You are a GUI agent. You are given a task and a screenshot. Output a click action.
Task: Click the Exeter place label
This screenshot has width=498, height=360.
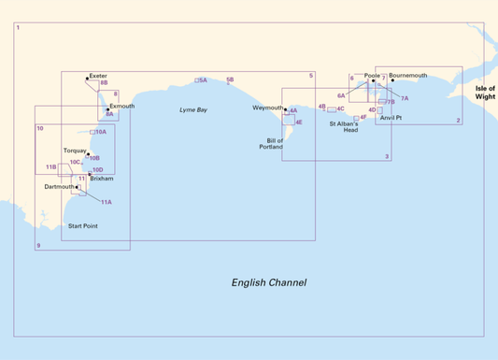[x=98, y=75]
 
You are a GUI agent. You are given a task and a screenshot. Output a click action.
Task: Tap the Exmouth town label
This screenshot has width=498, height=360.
[x=122, y=107]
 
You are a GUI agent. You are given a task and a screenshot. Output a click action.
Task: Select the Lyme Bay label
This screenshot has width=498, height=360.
[x=193, y=110]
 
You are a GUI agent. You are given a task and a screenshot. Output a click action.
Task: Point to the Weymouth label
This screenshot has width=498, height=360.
[x=267, y=108]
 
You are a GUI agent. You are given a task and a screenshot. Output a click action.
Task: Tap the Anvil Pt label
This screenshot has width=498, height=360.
[x=391, y=118]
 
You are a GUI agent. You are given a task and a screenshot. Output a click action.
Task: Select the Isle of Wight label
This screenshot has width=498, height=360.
[x=485, y=92]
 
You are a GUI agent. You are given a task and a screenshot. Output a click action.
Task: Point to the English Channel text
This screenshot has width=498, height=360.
[x=269, y=282]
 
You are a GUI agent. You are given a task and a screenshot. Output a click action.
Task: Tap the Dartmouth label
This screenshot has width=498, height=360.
[x=59, y=186]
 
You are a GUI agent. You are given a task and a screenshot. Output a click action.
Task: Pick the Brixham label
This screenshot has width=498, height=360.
[x=101, y=179]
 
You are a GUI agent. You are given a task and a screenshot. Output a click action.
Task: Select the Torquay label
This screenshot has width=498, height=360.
[x=75, y=150]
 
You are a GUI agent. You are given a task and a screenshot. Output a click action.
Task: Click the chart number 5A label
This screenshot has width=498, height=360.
[x=203, y=80]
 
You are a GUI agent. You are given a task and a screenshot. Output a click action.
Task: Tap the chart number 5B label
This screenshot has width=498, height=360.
[x=230, y=80]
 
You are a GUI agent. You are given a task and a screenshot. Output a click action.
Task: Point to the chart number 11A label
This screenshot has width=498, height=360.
[x=107, y=202]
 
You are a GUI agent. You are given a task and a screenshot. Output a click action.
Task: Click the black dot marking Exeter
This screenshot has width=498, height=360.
[x=87, y=78]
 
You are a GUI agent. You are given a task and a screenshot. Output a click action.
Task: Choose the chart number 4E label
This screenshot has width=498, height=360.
[x=298, y=122]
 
